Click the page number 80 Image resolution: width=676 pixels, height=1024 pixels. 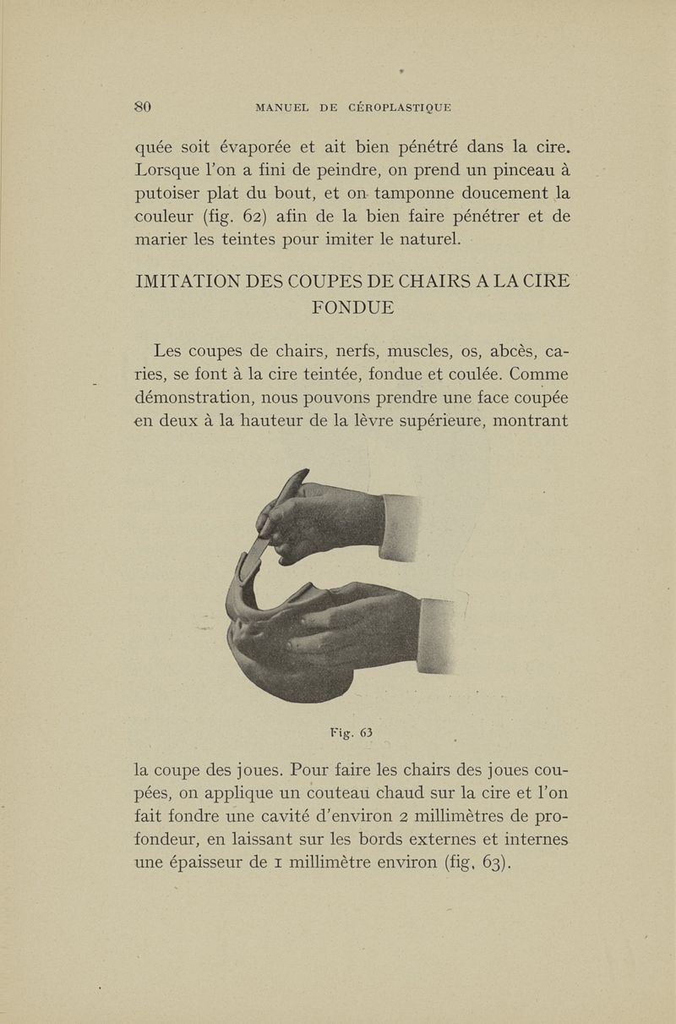[142, 107]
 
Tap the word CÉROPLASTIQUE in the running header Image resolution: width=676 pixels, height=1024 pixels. [388, 107]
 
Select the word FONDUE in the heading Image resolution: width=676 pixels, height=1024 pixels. [352, 307]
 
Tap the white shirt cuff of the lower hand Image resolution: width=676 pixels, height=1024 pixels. [438, 634]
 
